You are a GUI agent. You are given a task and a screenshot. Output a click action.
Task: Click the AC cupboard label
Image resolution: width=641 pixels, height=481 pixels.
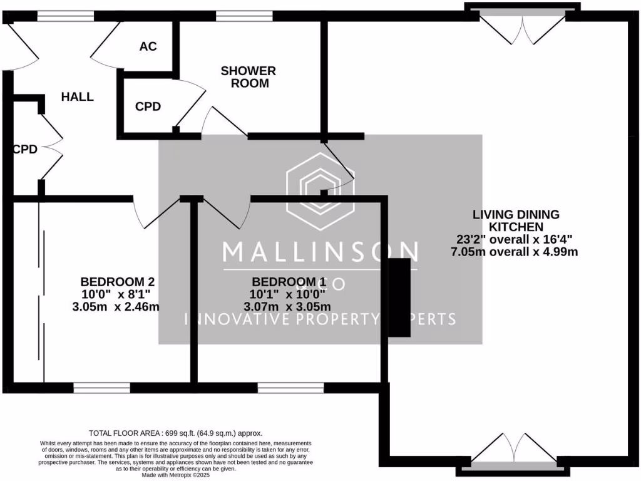click(148, 46)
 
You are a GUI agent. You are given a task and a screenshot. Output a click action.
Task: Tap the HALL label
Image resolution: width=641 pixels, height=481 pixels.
click(77, 96)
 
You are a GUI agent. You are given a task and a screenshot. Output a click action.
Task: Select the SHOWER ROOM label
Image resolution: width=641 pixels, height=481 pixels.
click(248, 76)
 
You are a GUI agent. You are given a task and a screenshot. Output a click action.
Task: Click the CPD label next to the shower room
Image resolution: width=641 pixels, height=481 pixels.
click(148, 106)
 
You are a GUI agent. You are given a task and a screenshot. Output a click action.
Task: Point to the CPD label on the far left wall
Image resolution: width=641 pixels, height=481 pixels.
click(25, 149)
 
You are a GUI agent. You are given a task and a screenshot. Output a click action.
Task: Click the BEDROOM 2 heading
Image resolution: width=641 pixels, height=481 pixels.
click(117, 282)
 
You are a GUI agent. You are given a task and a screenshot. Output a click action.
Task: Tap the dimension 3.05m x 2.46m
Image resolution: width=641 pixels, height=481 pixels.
click(116, 307)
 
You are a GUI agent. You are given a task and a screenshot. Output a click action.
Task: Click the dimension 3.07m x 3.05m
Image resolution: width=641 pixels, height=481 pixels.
click(287, 307)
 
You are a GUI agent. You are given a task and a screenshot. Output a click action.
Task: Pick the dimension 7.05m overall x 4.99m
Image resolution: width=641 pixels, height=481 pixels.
click(513, 252)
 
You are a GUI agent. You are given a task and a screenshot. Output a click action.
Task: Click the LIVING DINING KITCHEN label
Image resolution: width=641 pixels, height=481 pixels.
click(515, 220)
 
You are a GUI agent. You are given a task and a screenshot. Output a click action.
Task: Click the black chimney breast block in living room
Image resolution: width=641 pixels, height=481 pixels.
click(401, 297)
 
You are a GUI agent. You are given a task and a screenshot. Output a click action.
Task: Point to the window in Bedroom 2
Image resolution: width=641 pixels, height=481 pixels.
click(101, 388)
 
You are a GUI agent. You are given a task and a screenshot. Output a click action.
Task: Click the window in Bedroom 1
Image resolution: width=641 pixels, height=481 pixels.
click(290, 388)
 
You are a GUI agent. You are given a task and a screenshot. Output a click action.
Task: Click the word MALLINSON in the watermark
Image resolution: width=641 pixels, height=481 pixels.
click(320, 252)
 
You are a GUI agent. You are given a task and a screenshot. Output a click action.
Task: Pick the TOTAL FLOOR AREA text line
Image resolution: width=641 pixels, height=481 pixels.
click(176, 433)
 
